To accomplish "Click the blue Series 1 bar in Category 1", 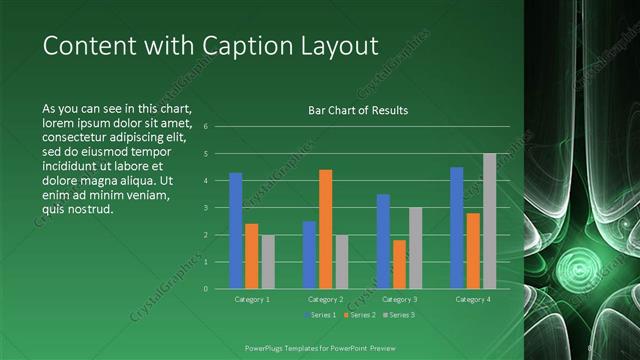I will point(236,231).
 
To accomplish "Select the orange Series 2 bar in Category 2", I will point(325,229).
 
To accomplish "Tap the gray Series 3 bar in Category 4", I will point(489,221).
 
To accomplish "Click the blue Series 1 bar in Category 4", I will point(457,228).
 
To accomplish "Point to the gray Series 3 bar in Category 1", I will point(268,262).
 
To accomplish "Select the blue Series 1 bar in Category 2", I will point(309,255).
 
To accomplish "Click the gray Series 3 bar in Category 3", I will point(415,248).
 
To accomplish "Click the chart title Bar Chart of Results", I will point(357,110).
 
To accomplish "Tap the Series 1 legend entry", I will point(321,316).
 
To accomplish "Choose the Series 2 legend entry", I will point(359,316).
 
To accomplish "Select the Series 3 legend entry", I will point(397,316).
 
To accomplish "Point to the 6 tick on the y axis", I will point(204,127).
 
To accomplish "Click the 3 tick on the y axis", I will point(204,208).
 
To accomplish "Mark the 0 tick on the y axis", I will point(204,289).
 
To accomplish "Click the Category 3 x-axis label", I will point(399,299).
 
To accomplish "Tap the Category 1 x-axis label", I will point(252,299).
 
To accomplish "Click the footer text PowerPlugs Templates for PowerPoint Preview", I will point(320,347).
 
